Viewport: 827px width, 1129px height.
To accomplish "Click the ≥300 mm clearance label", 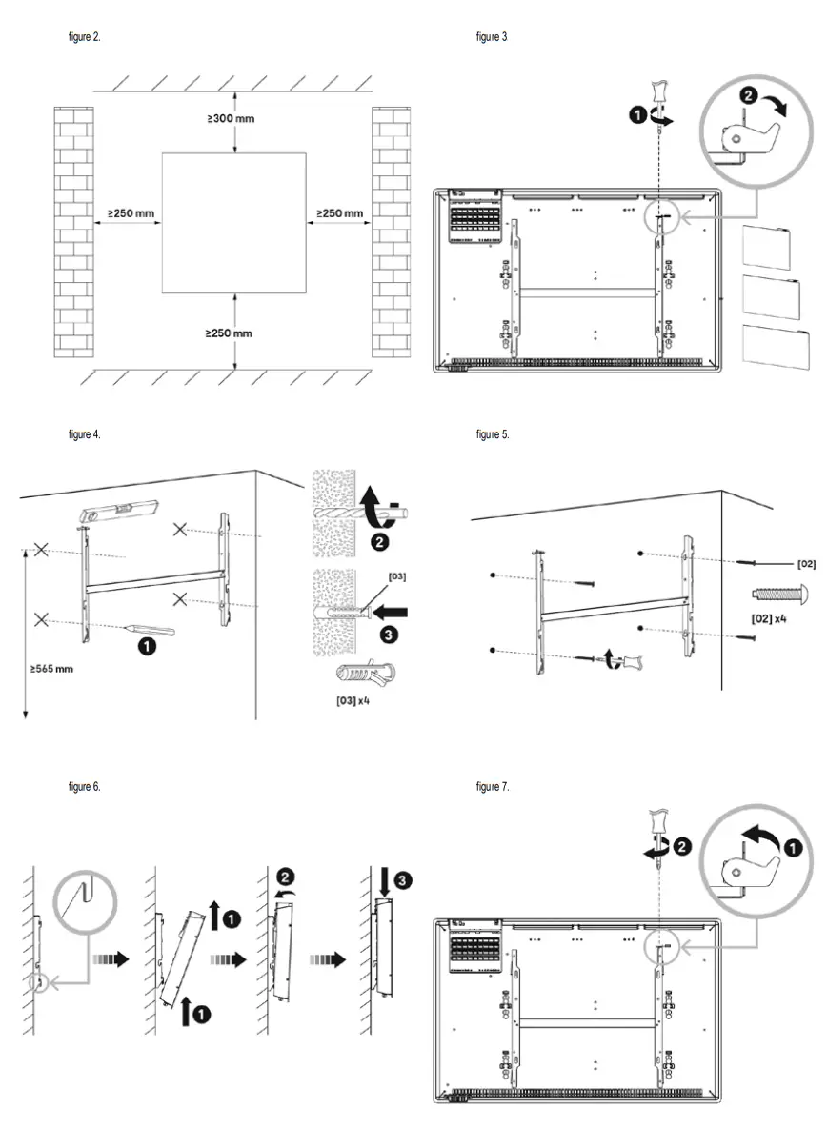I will tap(232, 119).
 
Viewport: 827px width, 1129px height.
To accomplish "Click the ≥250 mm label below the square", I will tap(230, 333).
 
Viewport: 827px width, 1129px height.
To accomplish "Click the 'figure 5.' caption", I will tap(493, 434).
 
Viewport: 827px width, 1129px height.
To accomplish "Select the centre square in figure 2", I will tap(233, 222).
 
